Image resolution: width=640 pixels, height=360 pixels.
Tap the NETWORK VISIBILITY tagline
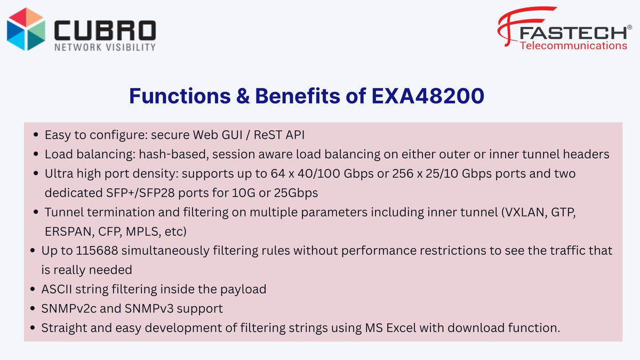105,47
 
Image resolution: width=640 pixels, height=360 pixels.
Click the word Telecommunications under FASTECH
573,46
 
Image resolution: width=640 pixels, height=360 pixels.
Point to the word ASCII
57,289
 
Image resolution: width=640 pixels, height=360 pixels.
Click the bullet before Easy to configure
35,135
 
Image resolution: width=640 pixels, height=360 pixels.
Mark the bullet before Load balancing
35,155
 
